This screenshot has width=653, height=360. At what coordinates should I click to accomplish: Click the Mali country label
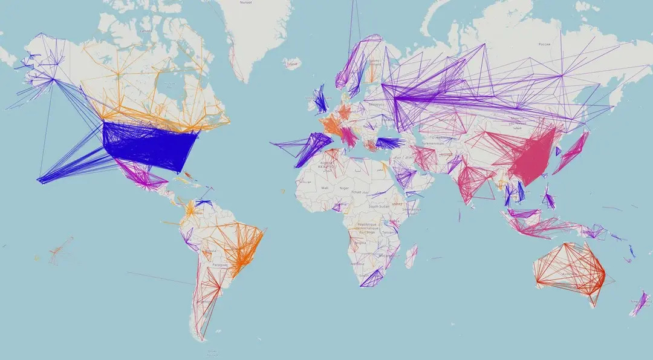(x=326, y=188)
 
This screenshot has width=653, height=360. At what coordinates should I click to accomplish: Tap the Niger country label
(x=345, y=188)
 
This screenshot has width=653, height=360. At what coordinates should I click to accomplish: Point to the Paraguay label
(x=221, y=264)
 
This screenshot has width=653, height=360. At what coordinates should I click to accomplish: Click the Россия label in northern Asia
(x=545, y=44)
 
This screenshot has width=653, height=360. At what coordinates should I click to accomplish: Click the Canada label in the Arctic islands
(x=145, y=31)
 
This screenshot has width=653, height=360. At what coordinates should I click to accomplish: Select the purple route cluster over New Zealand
(x=638, y=304)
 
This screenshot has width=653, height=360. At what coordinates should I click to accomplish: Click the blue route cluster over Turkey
(x=388, y=143)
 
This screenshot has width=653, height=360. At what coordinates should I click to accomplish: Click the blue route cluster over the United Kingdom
(x=320, y=102)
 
